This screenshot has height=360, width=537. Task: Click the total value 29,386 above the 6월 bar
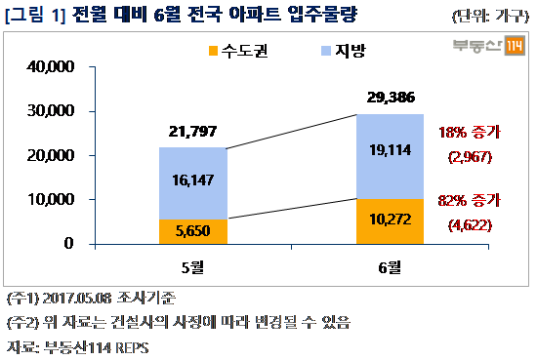click(x=391, y=98)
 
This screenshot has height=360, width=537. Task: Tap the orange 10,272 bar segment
click(x=391, y=220)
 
